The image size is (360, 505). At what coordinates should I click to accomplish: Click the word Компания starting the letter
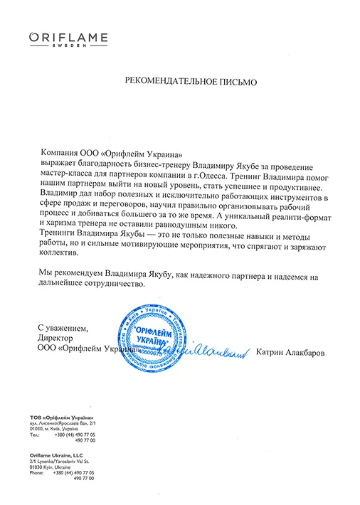pos(60,153)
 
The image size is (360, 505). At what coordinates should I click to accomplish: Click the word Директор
pos(56,339)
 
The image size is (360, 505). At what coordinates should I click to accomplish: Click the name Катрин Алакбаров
pos(289,351)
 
